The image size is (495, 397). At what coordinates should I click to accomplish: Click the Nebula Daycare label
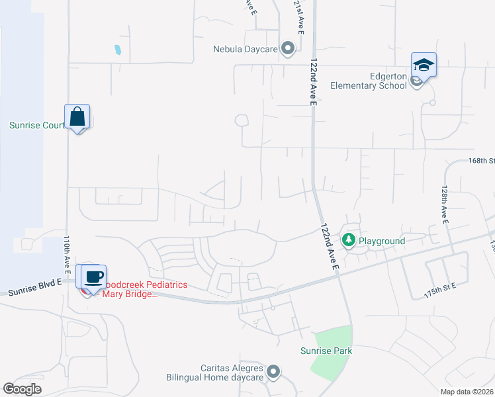coord(244,49)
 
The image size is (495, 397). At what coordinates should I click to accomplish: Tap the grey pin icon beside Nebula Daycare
coord(287,48)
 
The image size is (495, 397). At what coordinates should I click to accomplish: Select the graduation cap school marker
coord(424,65)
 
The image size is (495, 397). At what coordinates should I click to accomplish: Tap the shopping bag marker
coord(77,116)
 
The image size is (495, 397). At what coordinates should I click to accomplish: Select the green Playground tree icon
coord(348,240)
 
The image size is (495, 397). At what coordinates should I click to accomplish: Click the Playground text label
coord(382,241)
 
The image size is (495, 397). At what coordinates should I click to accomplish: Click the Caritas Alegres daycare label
coord(215,373)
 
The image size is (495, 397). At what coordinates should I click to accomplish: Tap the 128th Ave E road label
coord(443,202)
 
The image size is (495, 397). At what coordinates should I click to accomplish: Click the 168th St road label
coord(481,161)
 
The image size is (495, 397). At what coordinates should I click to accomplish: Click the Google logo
coord(22,388)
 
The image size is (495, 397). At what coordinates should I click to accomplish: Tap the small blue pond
coord(118,49)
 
